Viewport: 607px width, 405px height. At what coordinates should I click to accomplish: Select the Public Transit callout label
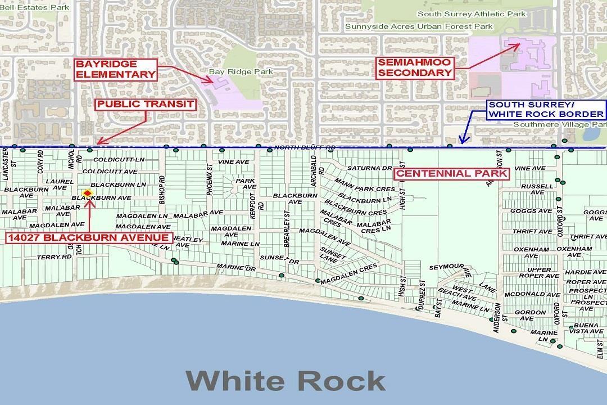tap(146, 104)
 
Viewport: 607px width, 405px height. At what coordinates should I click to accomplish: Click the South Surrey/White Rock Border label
tap(538, 110)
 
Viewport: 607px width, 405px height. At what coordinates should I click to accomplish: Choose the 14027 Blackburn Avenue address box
tap(88, 238)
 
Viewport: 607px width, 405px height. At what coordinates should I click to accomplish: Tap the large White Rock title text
tap(286, 381)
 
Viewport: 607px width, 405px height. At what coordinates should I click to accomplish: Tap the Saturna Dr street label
tap(369, 168)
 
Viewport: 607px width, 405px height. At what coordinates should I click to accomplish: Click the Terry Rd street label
tap(55, 257)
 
